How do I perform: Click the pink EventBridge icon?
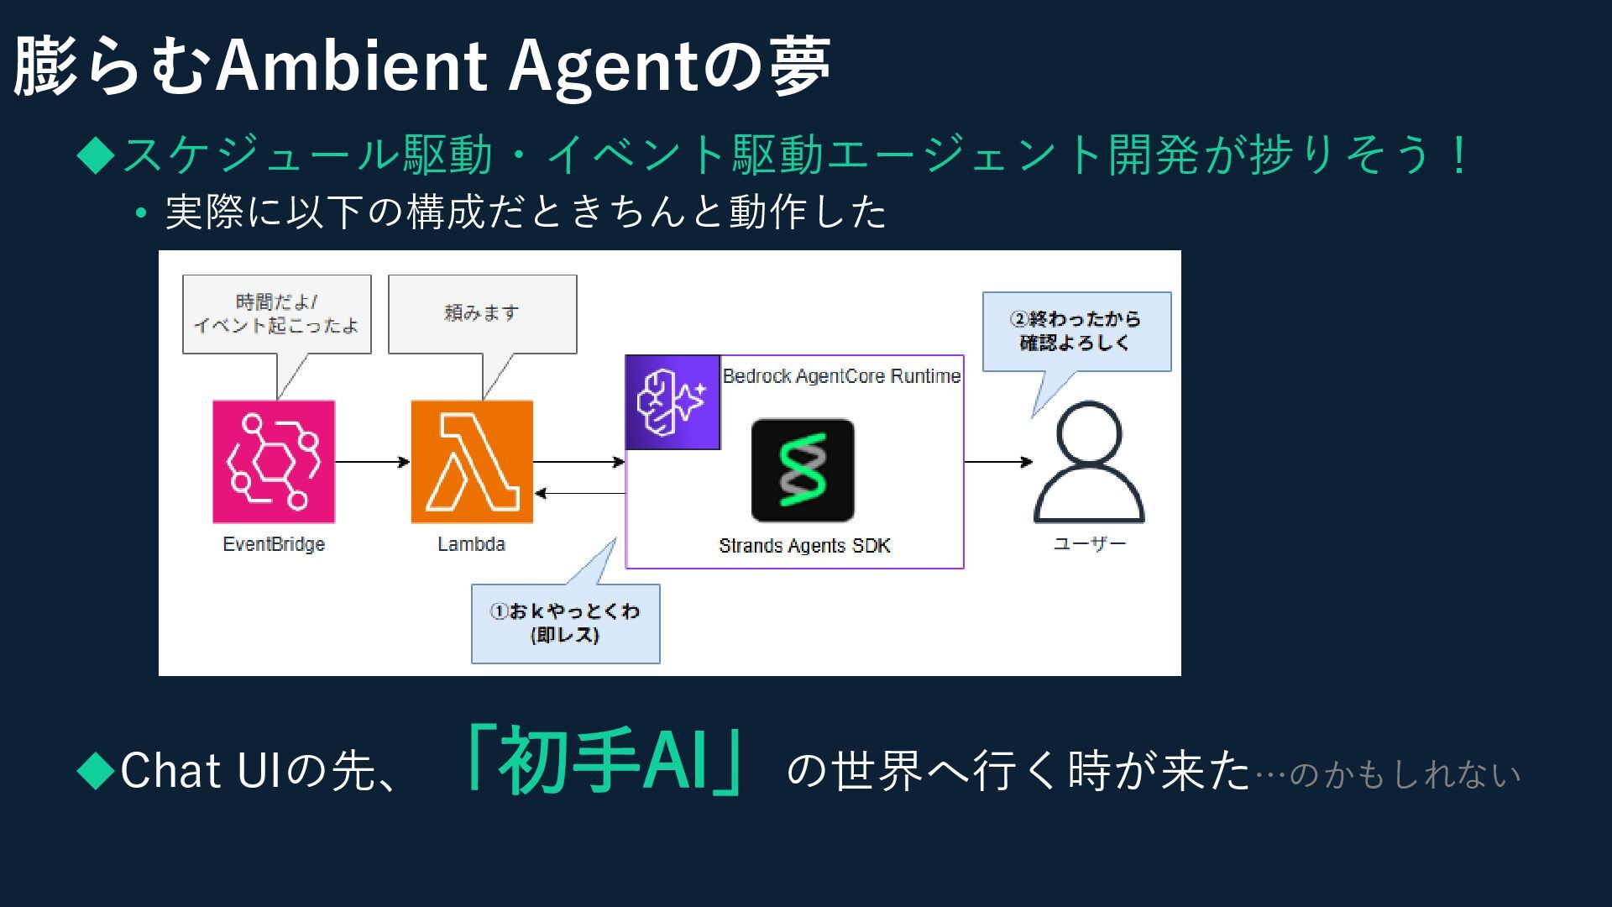pyautogui.click(x=274, y=461)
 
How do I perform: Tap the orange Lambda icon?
pyautogui.click(x=472, y=461)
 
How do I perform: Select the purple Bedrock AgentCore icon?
pyautogui.click(x=673, y=402)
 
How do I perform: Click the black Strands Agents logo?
pyautogui.click(x=803, y=470)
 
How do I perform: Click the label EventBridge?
pyautogui.click(x=274, y=544)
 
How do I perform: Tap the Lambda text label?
pyautogui.click(x=471, y=544)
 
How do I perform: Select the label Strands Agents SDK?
pyautogui.click(x=804, y=546)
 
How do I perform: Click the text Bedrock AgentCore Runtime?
pyautogui.click(x=841, y=376)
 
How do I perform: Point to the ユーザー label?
pyautogui.click(x=1089, y=544)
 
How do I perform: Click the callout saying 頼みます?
pyautogui.click(x=482, y=313)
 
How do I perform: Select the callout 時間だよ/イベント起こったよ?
pyautogui.click(x=276, y=313)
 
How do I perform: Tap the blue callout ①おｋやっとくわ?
pyautogui.click(x=565, y=623)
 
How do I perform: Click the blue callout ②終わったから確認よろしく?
pyautogui.click(x=1076, y=331)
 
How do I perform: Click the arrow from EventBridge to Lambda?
pyautogui.click(x=372, y=462)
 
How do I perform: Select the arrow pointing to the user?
pyautogui.click(x=997, y=462)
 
